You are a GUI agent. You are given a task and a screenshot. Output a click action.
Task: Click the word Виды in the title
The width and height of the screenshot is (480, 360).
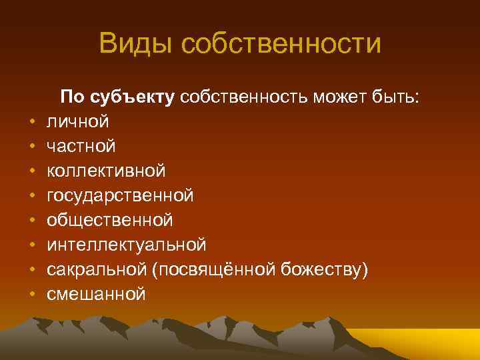(136, 45)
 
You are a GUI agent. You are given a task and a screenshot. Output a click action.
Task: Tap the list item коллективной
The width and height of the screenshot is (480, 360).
(106, 171)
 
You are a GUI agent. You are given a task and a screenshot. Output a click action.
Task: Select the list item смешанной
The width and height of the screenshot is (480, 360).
(96, 294)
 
